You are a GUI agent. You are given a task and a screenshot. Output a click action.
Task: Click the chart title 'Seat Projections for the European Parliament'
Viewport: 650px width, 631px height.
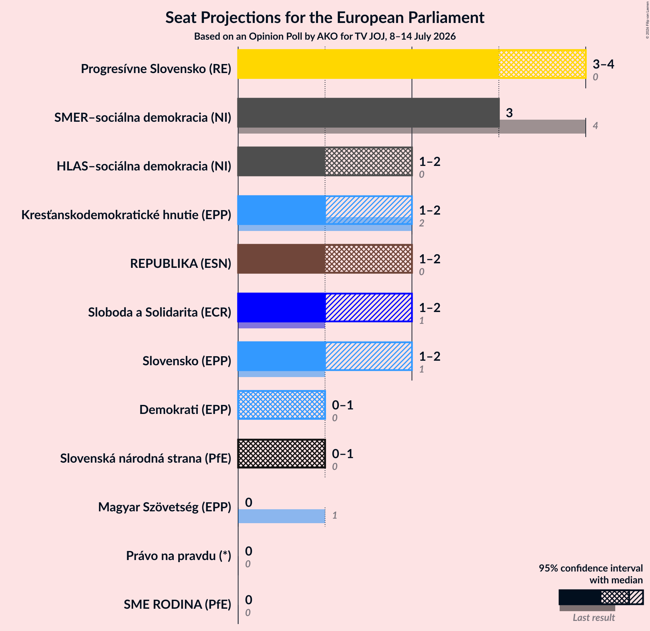point(325,17)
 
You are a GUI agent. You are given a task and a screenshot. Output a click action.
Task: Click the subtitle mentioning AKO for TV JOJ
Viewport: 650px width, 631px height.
point(325,36)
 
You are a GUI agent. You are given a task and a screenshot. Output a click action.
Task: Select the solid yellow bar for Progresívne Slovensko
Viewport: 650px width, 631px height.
point(368,64)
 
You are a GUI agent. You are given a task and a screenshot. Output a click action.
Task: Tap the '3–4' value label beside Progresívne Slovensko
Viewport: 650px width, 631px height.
point(603,64)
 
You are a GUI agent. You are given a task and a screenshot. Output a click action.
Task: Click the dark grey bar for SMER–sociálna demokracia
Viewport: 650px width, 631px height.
point(368,113)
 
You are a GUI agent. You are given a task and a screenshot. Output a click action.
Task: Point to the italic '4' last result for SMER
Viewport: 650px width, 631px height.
point(595,126)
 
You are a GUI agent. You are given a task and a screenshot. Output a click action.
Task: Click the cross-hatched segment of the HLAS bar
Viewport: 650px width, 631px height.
point(368,161)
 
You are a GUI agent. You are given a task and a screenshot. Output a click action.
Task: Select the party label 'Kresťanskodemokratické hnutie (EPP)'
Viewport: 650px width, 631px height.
point(126,215)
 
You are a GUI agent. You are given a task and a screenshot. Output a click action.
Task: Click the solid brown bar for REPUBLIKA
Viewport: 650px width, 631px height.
point(281,259)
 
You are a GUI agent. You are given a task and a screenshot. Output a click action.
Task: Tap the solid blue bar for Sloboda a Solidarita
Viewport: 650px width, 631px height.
point(281,307)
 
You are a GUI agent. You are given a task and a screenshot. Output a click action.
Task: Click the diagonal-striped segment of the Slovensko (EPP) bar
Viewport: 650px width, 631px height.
point(368,356)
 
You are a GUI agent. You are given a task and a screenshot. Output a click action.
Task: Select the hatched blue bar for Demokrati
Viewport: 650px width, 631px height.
point(282,405)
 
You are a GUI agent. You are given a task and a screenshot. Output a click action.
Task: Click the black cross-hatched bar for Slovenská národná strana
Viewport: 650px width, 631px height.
point(282,454)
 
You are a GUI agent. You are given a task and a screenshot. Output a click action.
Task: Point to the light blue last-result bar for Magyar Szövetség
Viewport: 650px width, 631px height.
point(282,516)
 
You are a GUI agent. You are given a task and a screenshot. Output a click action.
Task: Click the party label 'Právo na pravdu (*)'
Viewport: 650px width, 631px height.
point(179,556)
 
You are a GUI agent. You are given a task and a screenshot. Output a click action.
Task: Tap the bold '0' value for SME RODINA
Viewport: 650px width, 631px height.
point(249,600)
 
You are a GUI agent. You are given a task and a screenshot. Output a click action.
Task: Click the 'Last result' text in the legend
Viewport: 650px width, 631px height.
point(594,617)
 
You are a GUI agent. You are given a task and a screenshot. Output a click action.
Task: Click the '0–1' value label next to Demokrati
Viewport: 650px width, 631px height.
point(343,405)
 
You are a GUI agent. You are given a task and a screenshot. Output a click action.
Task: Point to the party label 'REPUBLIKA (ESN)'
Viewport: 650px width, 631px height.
point(181,264)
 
